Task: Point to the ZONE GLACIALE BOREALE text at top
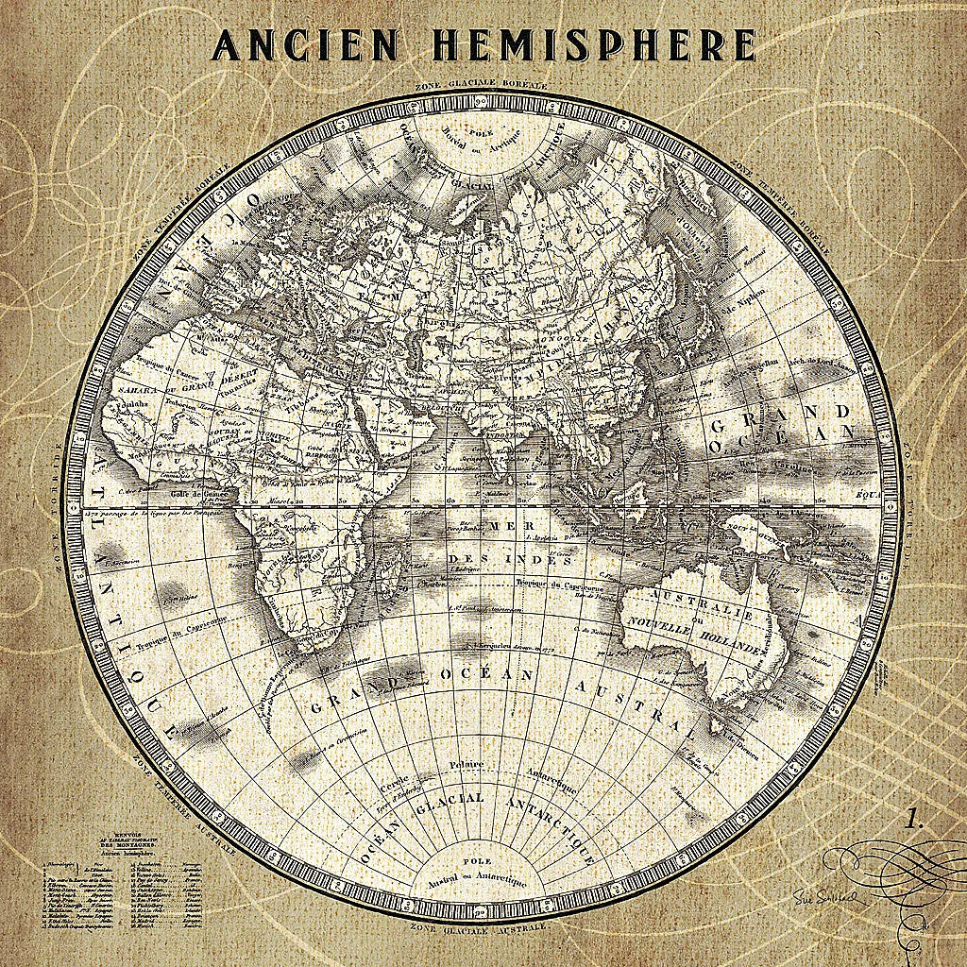[x=482, y=86]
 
